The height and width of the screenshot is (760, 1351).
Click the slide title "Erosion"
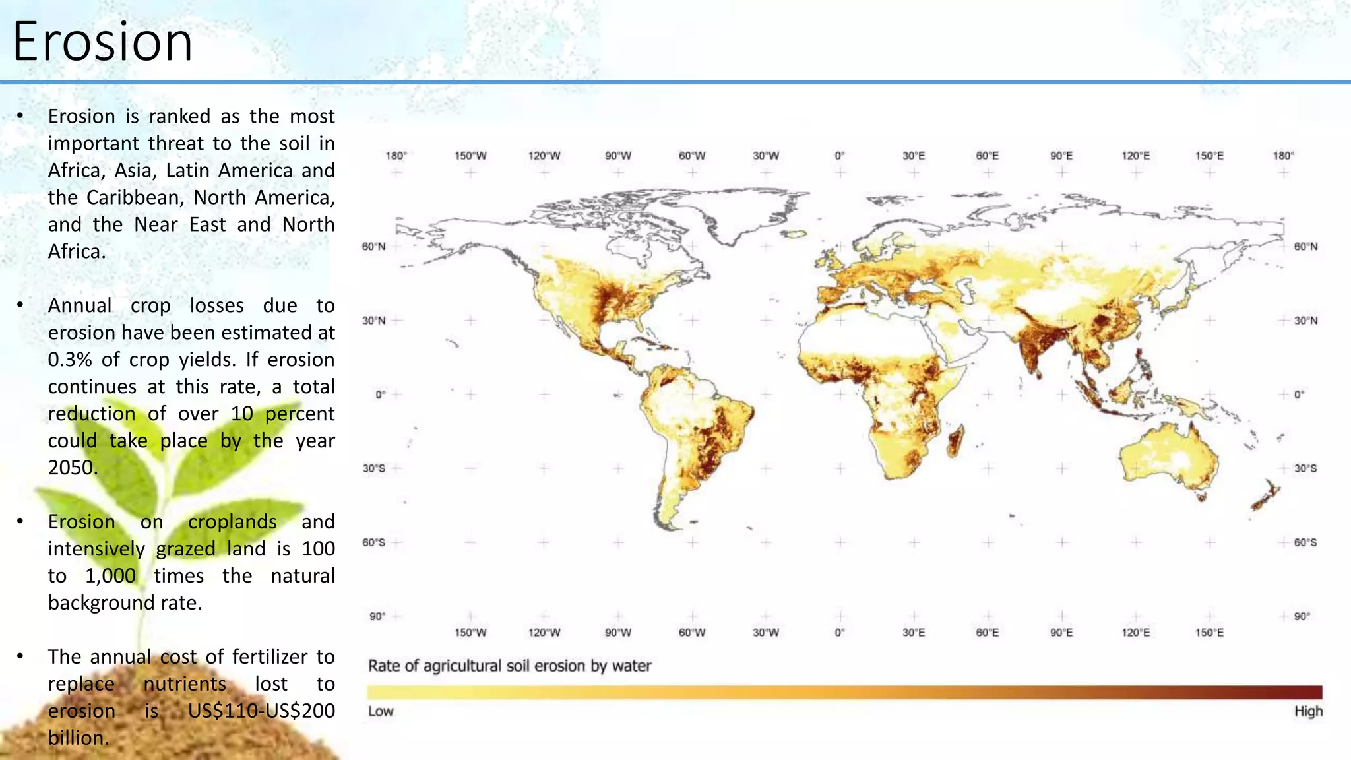point(102,42)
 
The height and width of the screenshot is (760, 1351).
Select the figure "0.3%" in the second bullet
point(69,360)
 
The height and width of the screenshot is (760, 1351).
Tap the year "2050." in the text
point(73,468)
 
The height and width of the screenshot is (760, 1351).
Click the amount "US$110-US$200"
point(261,711)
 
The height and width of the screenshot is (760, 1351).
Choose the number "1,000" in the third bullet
point(110,576)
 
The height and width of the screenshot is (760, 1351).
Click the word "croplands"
point(232,522)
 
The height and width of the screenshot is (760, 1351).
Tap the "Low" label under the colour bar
point(381,711)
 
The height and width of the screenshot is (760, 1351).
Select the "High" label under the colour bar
point(1308,711)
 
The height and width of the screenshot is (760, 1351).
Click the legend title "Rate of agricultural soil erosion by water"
point(509,666)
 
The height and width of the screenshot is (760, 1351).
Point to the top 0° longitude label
point(839,156)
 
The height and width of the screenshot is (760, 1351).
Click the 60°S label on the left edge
point(373,542)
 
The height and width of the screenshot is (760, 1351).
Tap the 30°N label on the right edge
point(1305,321)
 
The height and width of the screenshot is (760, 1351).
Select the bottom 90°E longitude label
point(1061,633)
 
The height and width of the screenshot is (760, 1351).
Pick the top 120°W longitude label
point(544,156)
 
